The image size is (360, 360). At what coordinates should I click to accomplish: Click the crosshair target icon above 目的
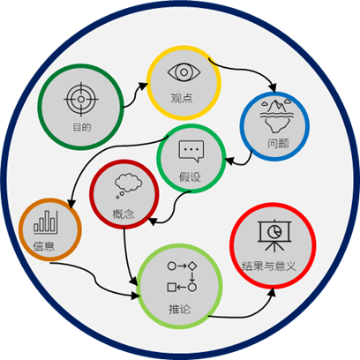click(x=81, y=100)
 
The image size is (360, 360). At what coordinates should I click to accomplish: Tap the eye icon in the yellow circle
click(x=184, y=72)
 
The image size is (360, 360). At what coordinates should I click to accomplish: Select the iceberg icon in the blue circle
click(x=276, y=116)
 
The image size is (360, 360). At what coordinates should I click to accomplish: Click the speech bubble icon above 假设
click(x=191, y=151)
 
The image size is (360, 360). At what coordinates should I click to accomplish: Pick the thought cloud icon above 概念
click(x=128, y=185)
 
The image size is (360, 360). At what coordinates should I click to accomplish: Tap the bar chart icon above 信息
click(x=46, y=222)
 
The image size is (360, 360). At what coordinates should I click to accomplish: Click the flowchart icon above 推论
click(x=182, y=276)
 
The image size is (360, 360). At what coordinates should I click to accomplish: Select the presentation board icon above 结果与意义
click(x=274, y=236)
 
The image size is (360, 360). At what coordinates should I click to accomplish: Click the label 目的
click(x=82, y=127)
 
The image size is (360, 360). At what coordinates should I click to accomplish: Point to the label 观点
click(x=182, y=98)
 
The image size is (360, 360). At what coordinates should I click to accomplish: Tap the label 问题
click(x=278, y=144)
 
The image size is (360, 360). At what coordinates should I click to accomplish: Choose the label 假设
click(x=190, y=176)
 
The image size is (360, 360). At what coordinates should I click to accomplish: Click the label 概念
click(x=124, y=214)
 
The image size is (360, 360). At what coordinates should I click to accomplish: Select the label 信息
click(x=44, y=246)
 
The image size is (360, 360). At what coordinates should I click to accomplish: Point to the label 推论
click(x=179, y=309)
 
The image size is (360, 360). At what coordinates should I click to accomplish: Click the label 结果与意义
click(x=268, y=266)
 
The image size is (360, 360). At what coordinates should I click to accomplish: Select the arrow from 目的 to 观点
click(x=134, y=94)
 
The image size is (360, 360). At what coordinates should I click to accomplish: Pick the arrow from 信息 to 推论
click(x=94, y=280)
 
